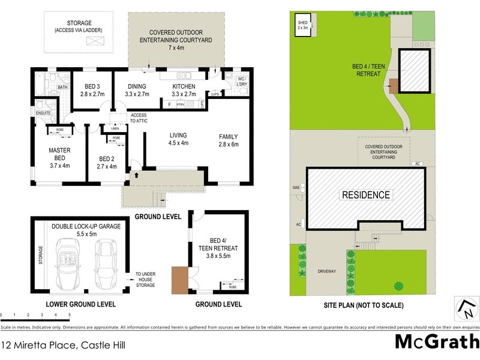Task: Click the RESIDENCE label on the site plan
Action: (x=365, y=195)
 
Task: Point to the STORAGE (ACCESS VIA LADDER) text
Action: (x=78, y=26)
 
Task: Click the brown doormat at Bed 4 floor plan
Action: (x=179, y=280)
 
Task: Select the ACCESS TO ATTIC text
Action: (x=139, y=118)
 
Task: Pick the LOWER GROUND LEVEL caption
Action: (x=80, y=305)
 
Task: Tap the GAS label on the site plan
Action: (x=296, y=188)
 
